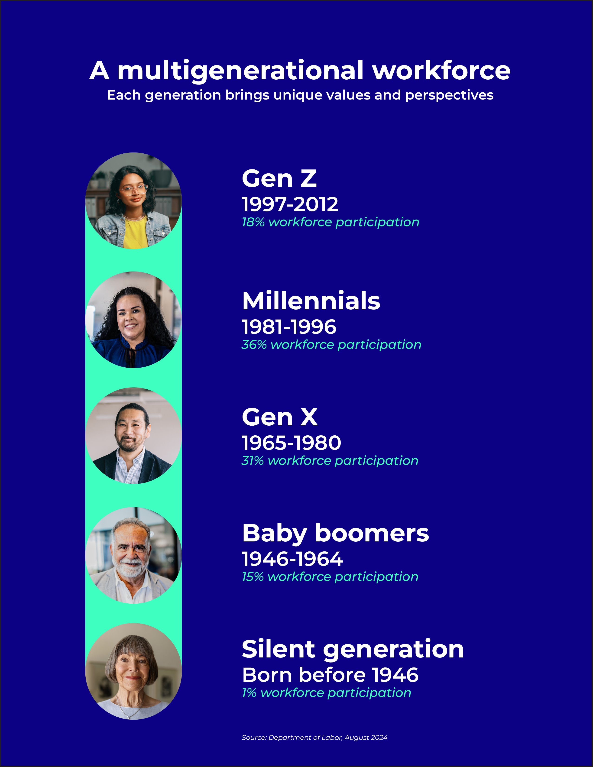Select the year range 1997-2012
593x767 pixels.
click(290, 204)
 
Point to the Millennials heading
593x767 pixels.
click(311, 301)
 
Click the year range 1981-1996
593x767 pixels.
click(289, 327)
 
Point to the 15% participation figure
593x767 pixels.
click(253, 577)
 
